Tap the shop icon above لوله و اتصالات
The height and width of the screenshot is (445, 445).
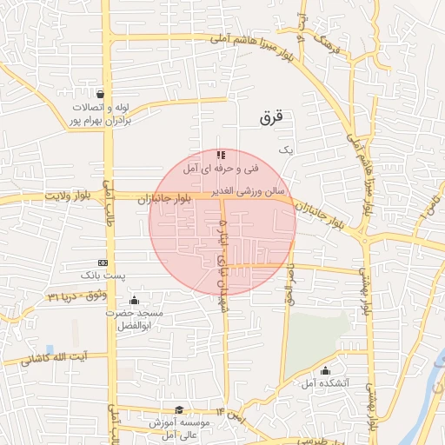pyautogui.click(x=103, y=95)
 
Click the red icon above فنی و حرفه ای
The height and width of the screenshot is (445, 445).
pyautogui.click(x=220, y=154)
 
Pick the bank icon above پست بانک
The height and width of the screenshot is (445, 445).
pyautogui.click(x=103, y=262)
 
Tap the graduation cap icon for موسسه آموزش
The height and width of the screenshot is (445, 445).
pyautogui.click(x=180, y=409)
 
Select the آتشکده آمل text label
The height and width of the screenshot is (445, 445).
pyautogui.click(x=328, y=382)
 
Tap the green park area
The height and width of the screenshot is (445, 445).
pyautogui.click(x=318, y=339)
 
